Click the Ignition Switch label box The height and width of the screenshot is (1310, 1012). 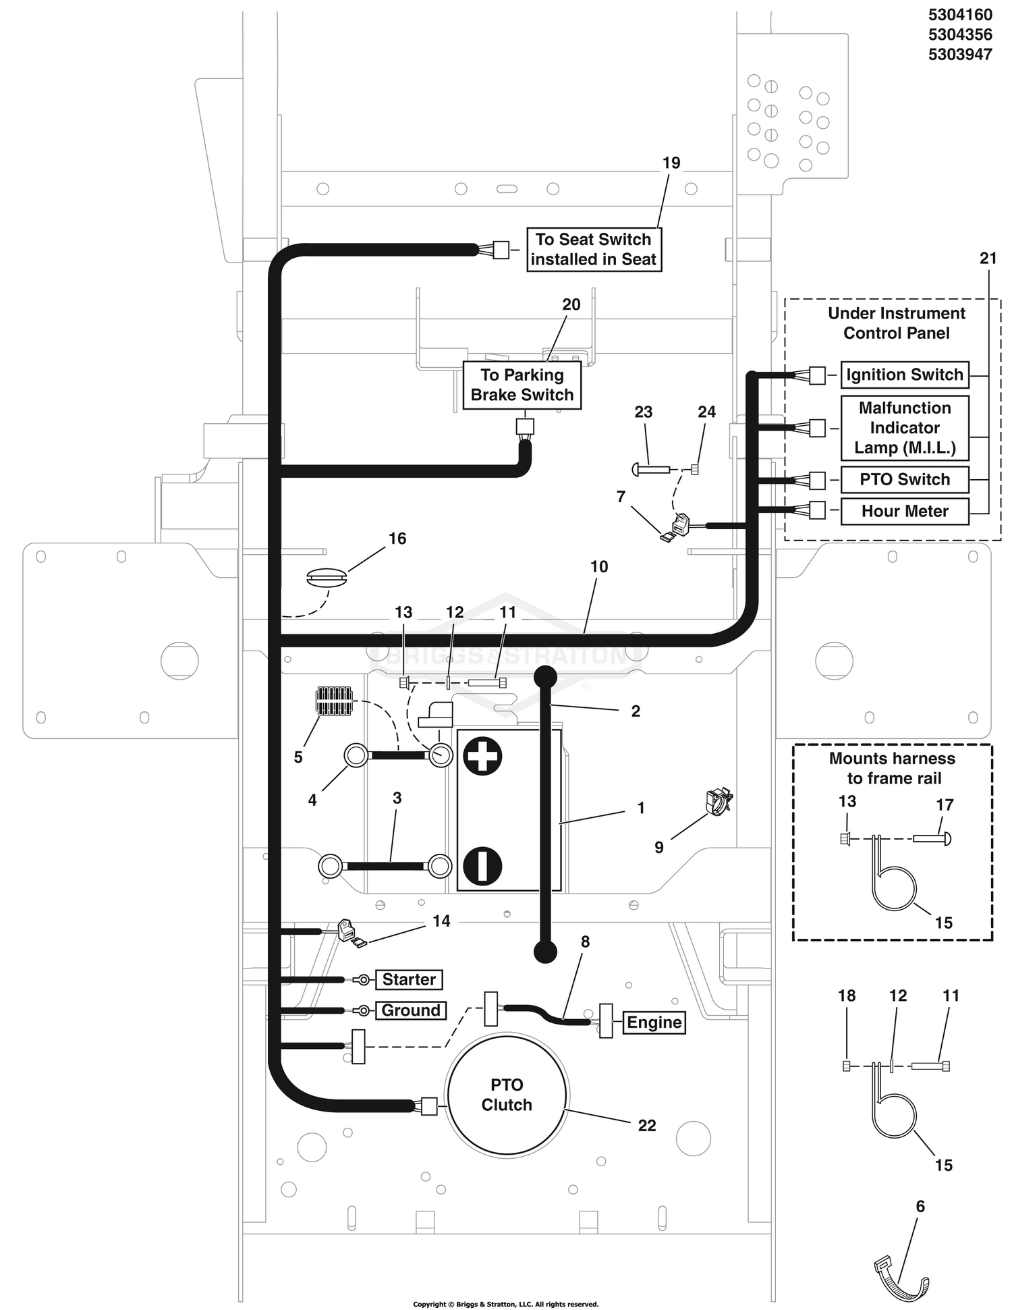(x=905, y=375)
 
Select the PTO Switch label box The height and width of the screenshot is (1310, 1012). (x=905, y=479)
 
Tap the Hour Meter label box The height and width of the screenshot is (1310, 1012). (x=905, y=511)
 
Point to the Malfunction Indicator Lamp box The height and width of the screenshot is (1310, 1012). (x=905, y=428)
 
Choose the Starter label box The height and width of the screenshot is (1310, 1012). (x=409, y=979)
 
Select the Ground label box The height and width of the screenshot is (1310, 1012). (x=410, y=1010)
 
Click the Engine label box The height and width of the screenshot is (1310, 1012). (x=654, y=1022)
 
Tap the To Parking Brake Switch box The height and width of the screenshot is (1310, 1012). (x=522, y=385)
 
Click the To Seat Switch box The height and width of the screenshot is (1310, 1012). (x=594, y=249)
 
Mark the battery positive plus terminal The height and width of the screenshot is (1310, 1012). (x=482, y=756)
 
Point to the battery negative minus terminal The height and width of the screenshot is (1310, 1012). (x=482, y=866)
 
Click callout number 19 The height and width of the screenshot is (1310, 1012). (x=671, y=163)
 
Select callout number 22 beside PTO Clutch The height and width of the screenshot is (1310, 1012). (x=647, y=1125)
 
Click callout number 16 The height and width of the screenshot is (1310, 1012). (x=397, y=538)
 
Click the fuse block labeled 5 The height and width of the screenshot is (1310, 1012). (x=334, y=701)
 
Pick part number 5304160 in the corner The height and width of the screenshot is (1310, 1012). (x=960, y=14)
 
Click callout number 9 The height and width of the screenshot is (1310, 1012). (x=659, y=847)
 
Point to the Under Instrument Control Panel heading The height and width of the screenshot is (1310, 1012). (x=897, y=323)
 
